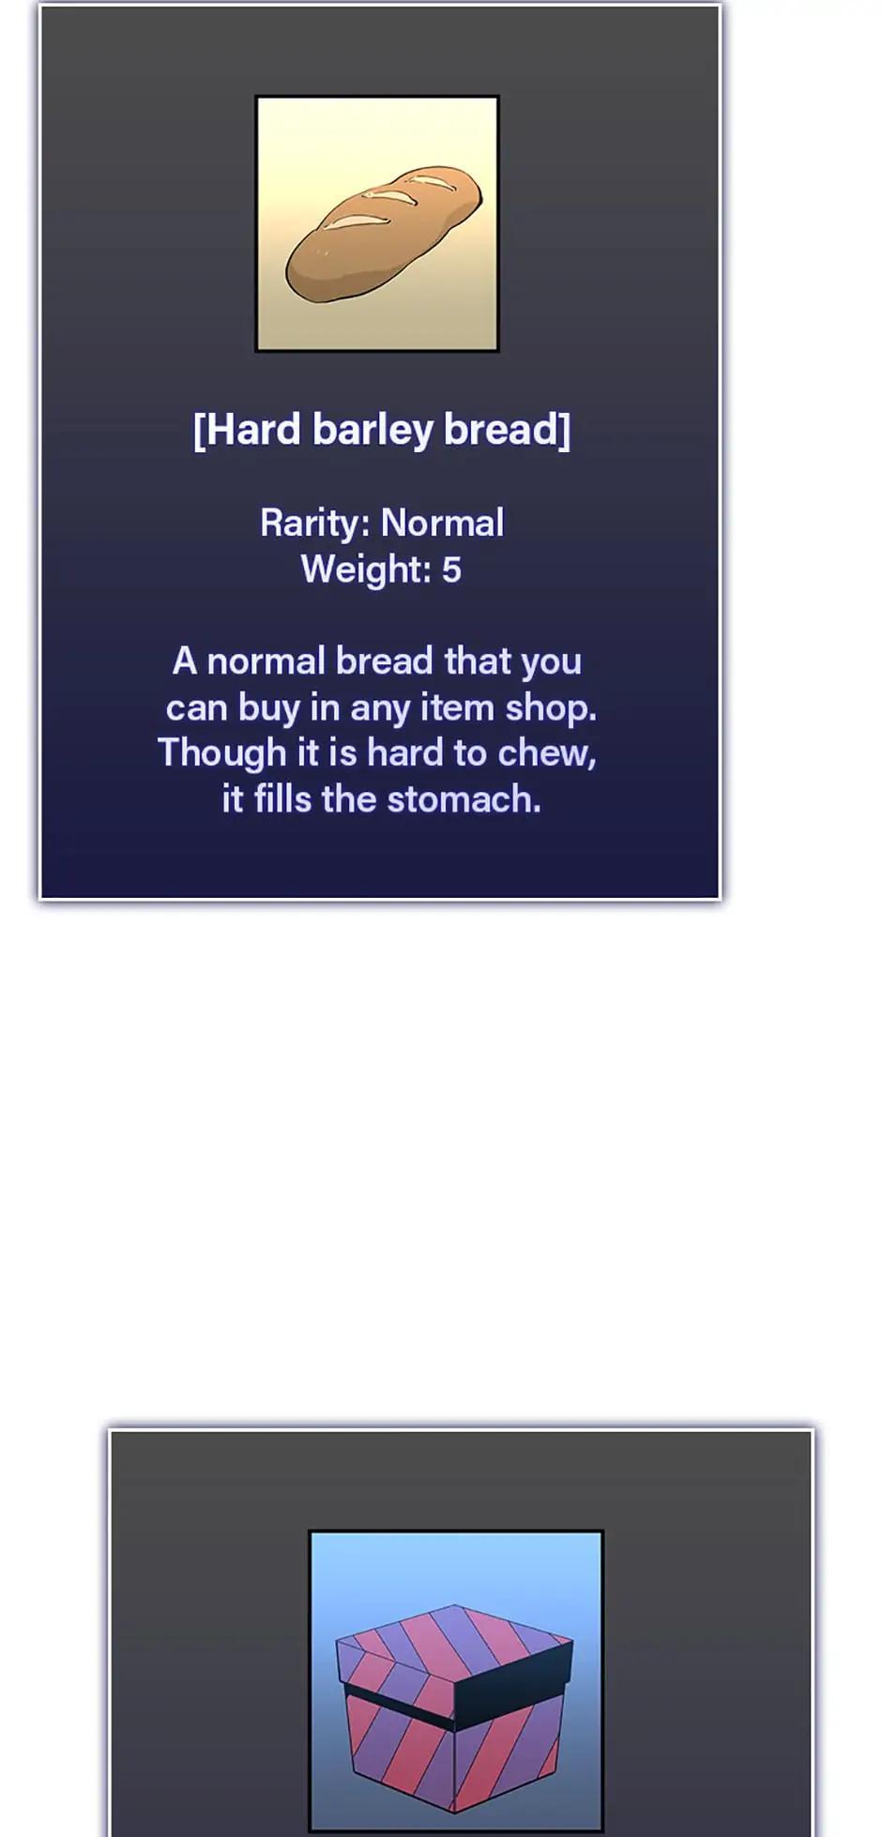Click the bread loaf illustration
(384, 233)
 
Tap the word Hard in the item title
(247, 430)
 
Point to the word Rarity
(315, 524)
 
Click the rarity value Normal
(443, 523)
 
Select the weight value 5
(451, 569)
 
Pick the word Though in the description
(221, 753)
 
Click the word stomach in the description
(464, 799)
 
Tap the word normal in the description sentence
(266, 661)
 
